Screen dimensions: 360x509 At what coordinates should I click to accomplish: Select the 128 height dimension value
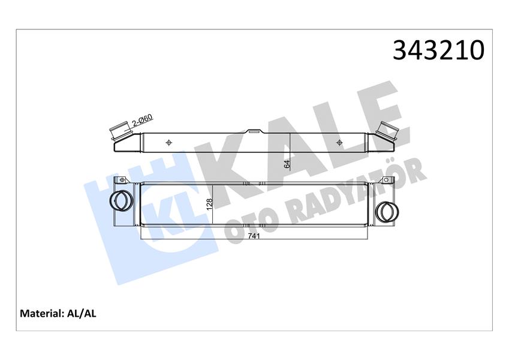point(209,204)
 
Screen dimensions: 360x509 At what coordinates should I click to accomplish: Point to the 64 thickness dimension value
point(287,163)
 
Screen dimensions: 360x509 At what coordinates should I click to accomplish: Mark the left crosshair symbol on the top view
point(168,142)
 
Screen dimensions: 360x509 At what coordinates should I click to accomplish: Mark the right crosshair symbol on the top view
point(339,142)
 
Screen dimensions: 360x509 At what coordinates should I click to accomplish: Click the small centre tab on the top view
point(254,130)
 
